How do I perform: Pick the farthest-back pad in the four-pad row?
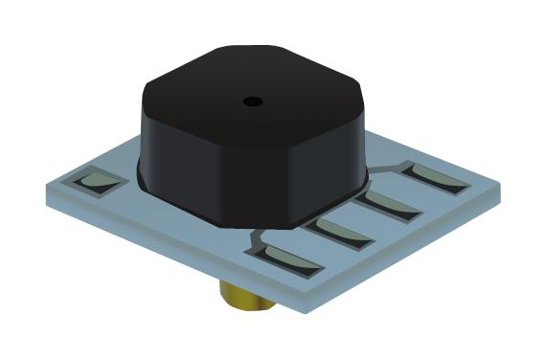[x=437, y=176]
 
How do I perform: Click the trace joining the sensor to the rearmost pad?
[x=388, y=169]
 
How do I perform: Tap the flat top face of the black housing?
[x=254, y=86]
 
